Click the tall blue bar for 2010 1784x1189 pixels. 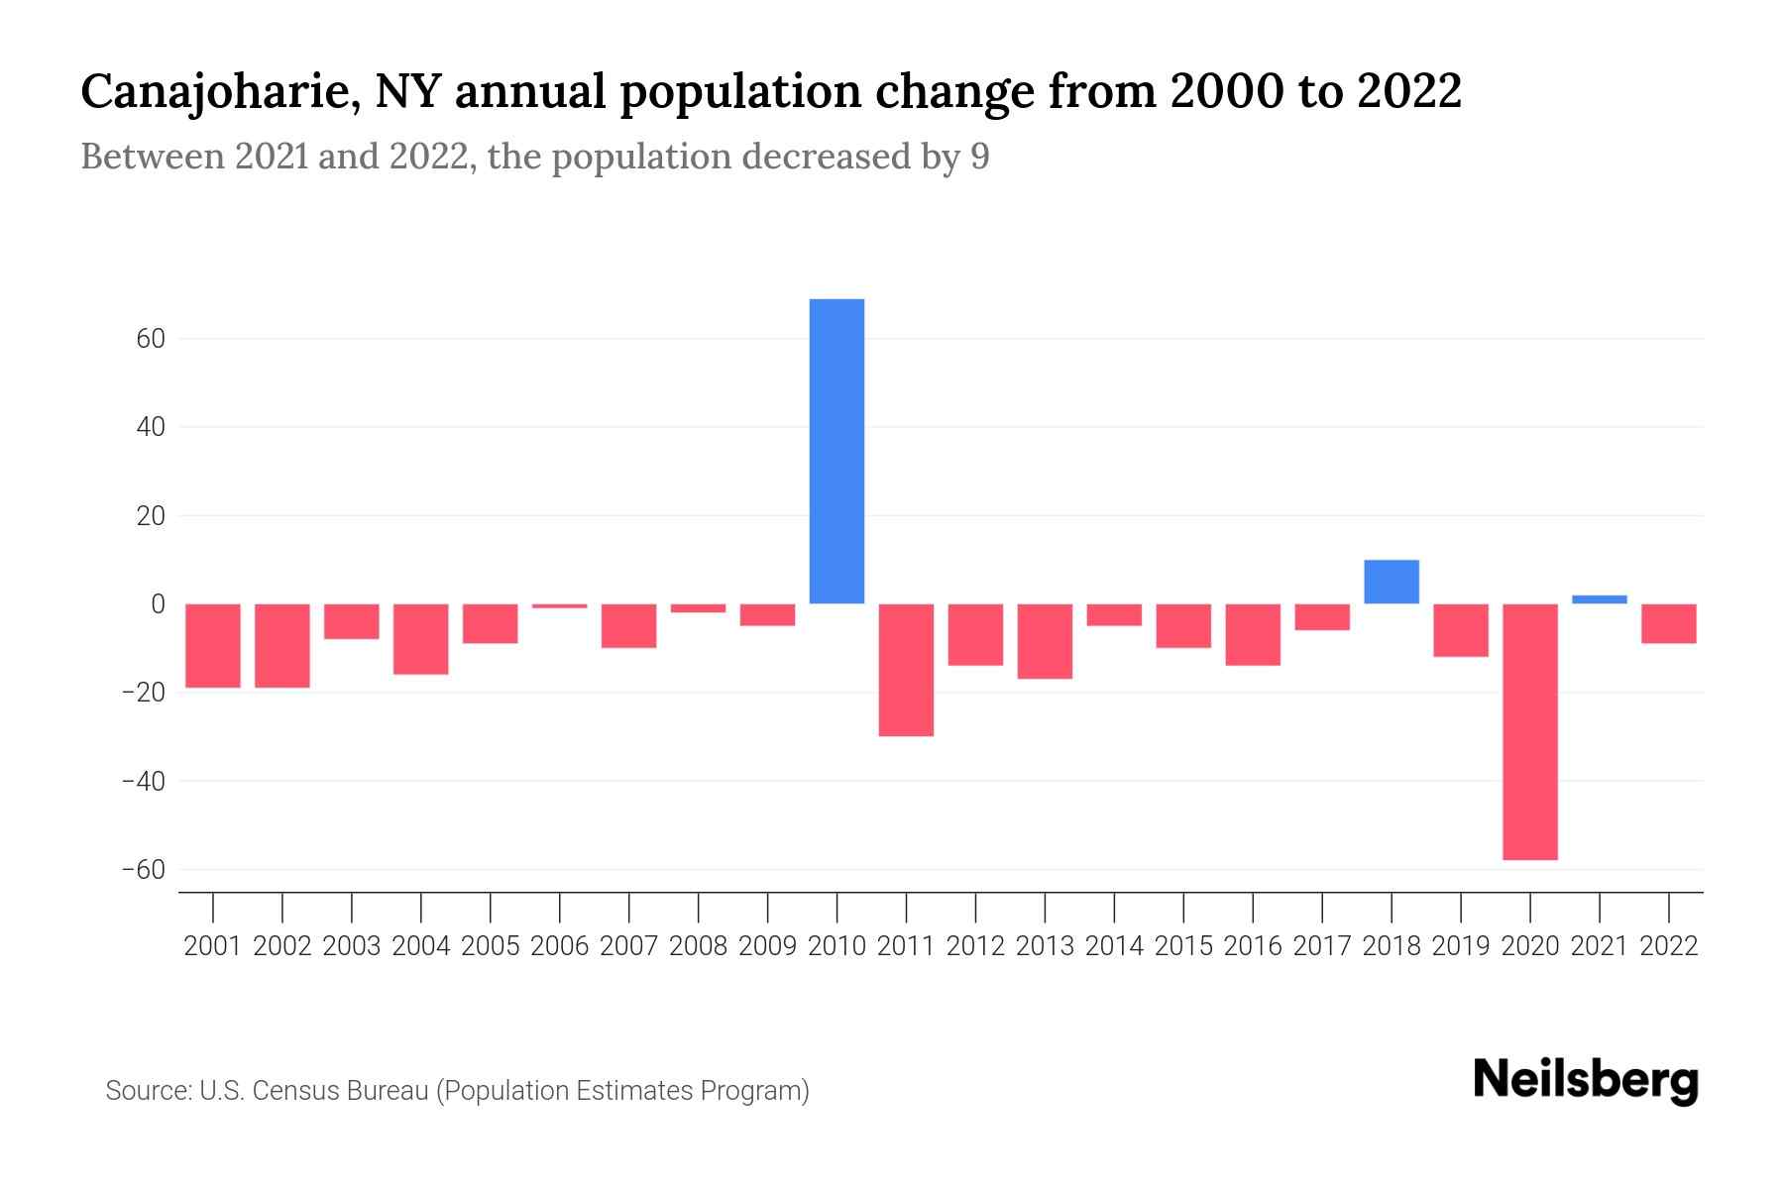(x=836, y=451)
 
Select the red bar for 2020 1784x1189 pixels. (x=1529, y=731)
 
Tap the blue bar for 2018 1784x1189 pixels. (x=1392, y=582)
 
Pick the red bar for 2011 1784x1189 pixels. (x=906, y=670)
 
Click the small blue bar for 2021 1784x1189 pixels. (x=1599, y=599)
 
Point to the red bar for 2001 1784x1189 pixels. (x=213, y=645)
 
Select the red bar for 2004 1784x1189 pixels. (x=421, y=639)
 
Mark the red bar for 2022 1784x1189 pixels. (x=1668, y=623)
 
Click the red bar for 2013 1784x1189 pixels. (x=1045, y=641)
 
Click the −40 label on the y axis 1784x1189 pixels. (x=142, y=782)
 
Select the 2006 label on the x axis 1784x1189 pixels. (x=559, y=946)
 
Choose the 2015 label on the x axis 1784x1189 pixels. (x=1183, y=946)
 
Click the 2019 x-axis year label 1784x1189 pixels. (x=1460, y=946)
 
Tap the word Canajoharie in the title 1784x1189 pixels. (x=213, y=92)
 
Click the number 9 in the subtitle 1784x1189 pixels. (x=979, y=158)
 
